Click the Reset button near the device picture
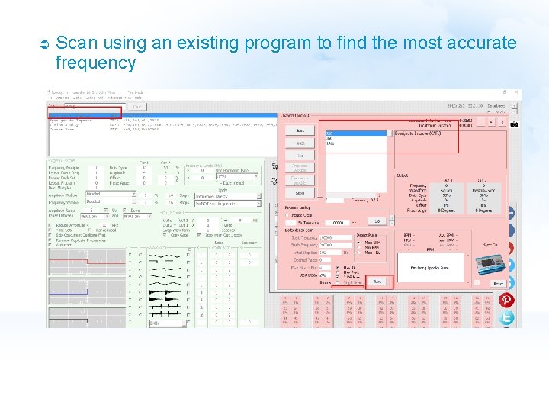[497, 283]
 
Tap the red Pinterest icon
[506, 300]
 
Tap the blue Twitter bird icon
[506, 317]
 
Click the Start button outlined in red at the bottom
[377, 282]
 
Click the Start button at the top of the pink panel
[300, 130]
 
